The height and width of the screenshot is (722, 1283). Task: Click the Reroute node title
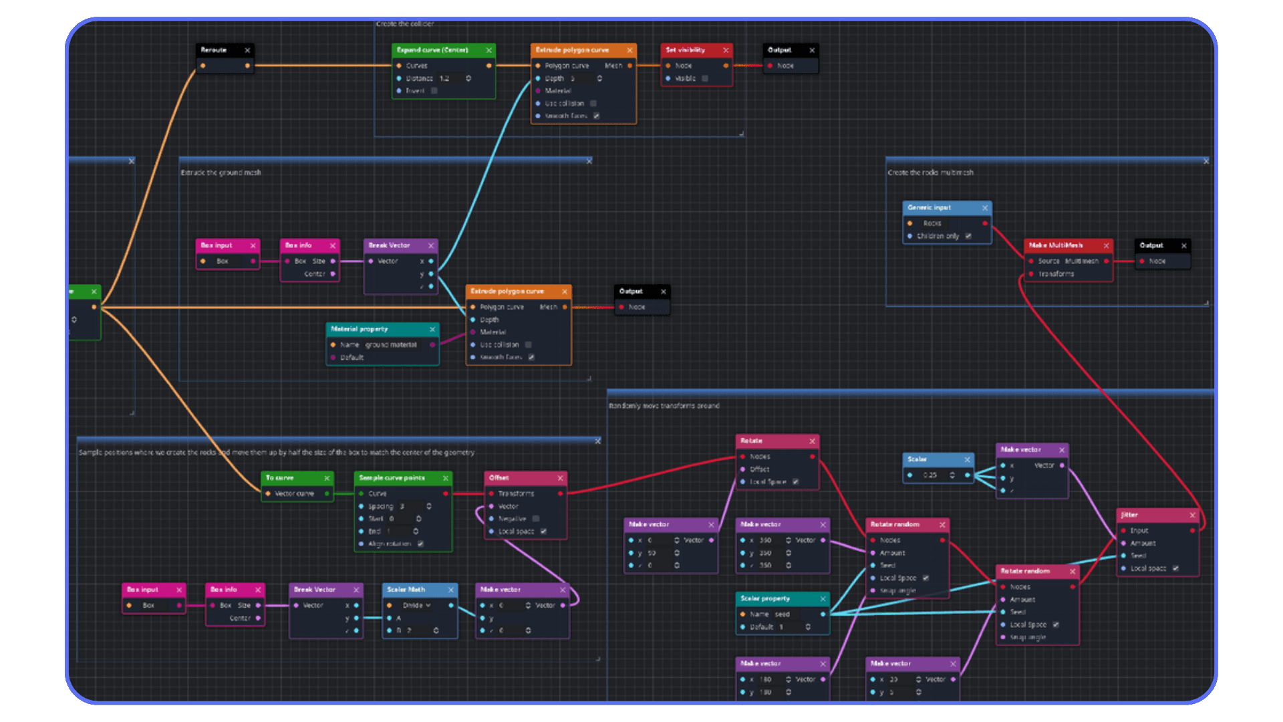214,50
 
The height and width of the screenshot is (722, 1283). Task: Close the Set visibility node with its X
726,50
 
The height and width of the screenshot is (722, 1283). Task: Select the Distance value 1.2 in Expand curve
445,78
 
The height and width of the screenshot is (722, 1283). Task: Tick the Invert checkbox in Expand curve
434,91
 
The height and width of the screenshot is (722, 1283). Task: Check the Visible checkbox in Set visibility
705,78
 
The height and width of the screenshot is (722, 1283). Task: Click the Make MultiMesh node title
1056,245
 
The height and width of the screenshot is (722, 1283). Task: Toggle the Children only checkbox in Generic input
968,236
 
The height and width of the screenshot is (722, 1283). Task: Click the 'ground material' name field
391,345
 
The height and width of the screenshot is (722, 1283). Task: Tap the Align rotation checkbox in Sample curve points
420,544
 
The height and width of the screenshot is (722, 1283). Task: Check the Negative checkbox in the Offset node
536,519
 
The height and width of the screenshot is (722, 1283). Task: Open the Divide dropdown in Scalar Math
417,605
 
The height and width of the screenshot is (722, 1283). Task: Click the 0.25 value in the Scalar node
930,475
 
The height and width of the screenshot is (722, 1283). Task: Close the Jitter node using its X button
1192,515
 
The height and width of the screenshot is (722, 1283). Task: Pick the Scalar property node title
765,598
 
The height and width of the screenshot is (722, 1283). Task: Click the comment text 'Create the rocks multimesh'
930,172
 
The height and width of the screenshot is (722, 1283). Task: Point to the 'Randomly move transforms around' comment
664,406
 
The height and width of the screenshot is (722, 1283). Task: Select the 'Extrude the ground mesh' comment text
221,172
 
